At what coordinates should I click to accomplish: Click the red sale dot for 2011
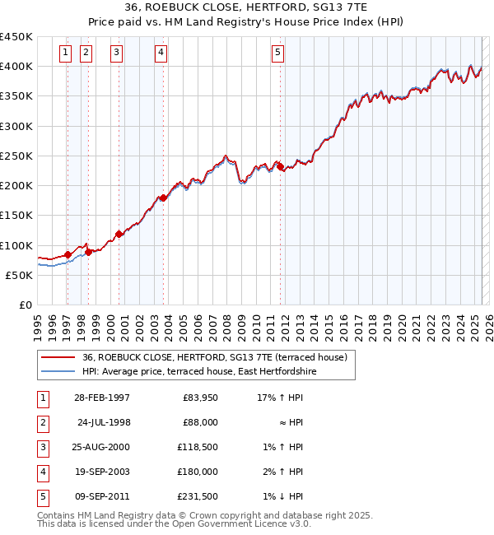click(x=280, y=167)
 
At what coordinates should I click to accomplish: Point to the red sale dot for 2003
click(x=163, y=198)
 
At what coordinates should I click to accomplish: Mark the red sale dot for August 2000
click(x=119, y=234)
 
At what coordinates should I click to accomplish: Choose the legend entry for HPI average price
click(x=198, y=372)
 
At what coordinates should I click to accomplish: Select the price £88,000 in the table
click(x=200, y=422)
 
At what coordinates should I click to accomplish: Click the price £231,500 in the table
click(x=198, y=496)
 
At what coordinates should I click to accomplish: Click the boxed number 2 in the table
click(x=40, y=422)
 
